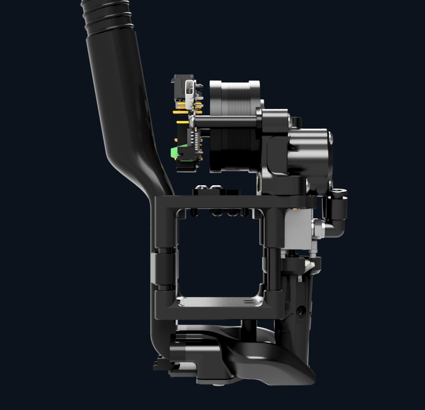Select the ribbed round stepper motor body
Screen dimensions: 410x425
(234, 126)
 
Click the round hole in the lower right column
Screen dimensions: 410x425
(302, 312)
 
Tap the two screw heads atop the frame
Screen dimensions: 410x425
(210, 188)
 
